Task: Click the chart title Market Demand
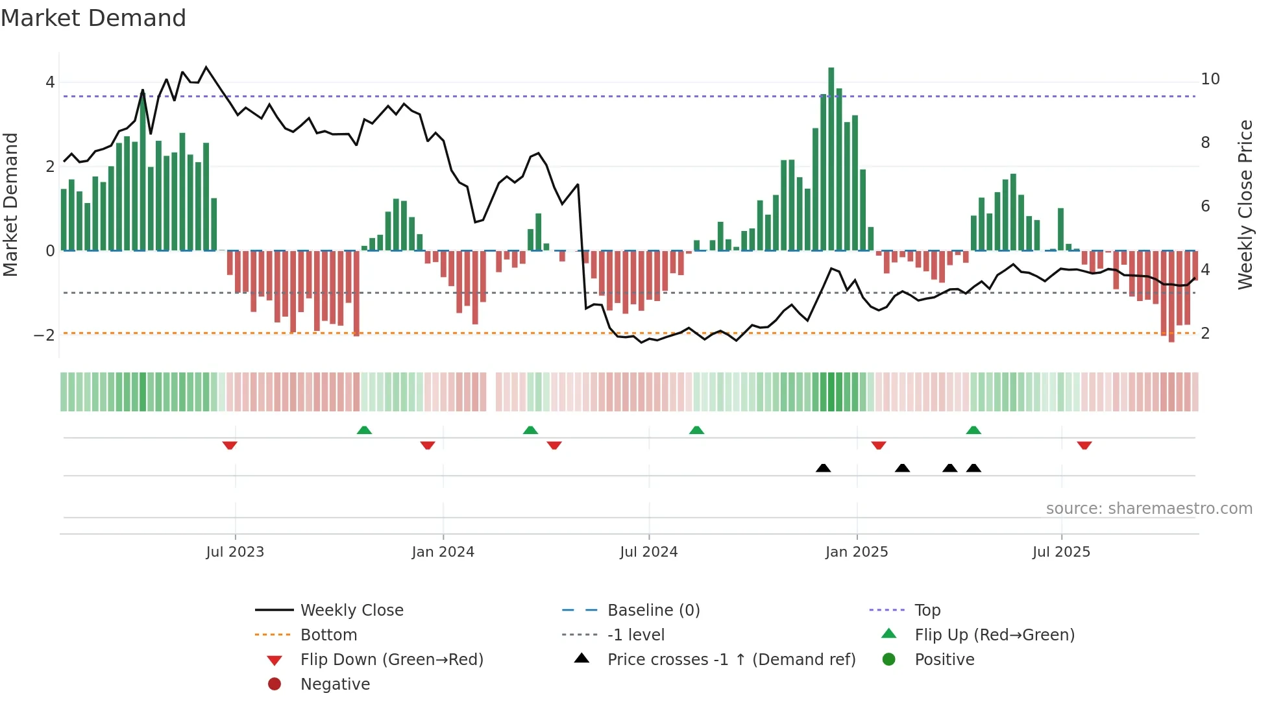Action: click(x=93, y=18)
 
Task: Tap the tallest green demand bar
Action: click(x=831, y=159)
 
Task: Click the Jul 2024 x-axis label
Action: click(x=648, y=552)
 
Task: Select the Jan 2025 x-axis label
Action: click(x=856, y=552)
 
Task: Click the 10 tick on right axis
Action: click(x=1210, y=79)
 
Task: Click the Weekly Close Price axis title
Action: click(x=1245, y=204)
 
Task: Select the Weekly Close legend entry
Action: click(x=351, y=611)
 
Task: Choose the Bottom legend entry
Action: click(x=328, y=635)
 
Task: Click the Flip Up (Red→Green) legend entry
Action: click(x=994, y=635)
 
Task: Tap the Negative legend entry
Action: click(x=335, y=685)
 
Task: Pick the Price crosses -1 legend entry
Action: click(x=731, y=660)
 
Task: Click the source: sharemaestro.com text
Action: click(x=1149, y=509)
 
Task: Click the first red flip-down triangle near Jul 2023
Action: click(x=230, y=445)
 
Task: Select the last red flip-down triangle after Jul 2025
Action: click(x=1084, y=445)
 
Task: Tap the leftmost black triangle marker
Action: click(x=823, y=468)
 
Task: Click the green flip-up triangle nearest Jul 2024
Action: click(x=696, y=430)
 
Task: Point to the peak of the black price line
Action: click(x=206, y=67)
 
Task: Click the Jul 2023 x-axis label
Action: click(x=235, y=552)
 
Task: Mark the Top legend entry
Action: click(x=927, y=611)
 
